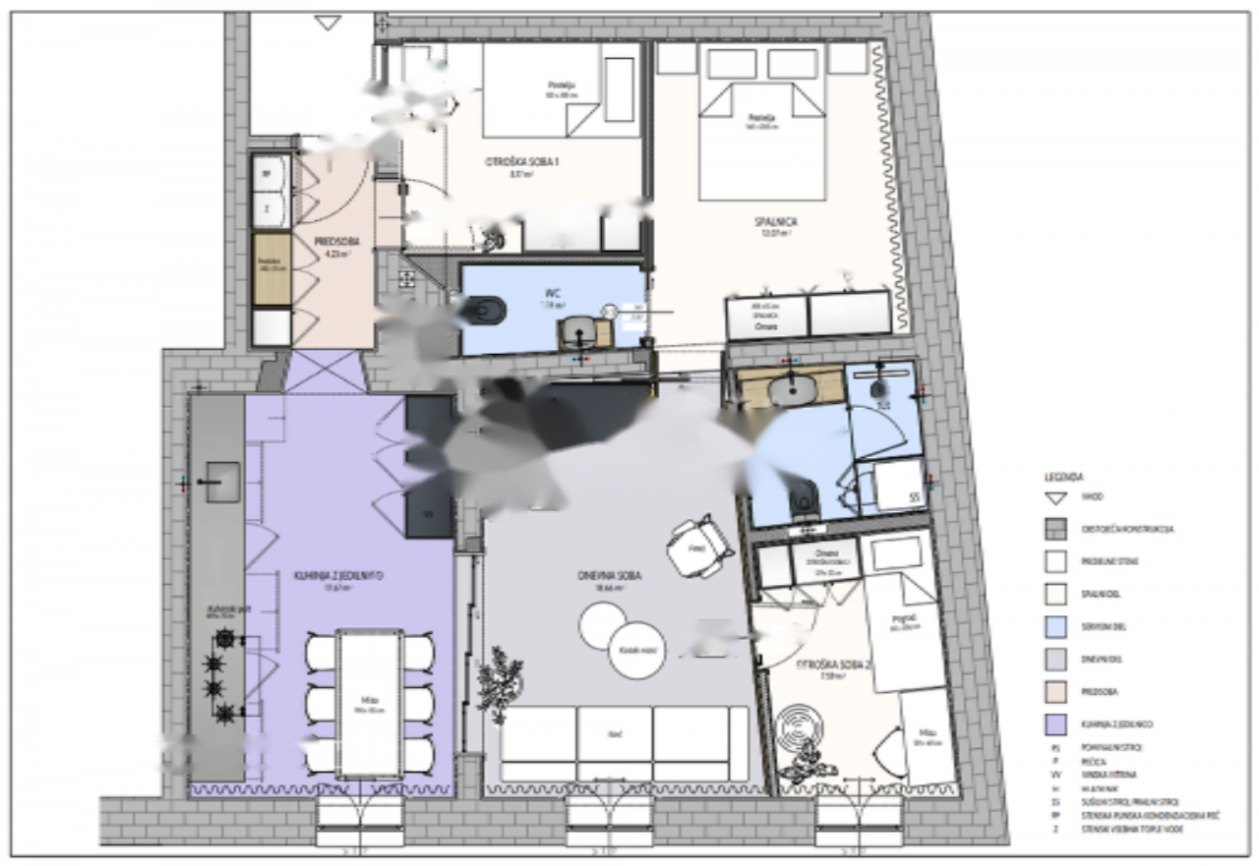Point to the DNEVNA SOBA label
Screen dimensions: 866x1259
pyautogui.click(x=610, y=576)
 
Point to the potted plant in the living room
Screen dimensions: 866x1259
pyautogui.click(x=498, y=678)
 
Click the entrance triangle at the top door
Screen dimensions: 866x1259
pyautogui.click(x=328, y=22)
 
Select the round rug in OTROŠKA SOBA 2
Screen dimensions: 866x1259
pyautogui.click(x=796, y=729)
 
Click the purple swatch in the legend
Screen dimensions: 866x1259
pyautogui.click(x=1057, y=723)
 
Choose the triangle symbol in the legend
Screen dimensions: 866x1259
pyautogui.click(x=1057, y=498)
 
